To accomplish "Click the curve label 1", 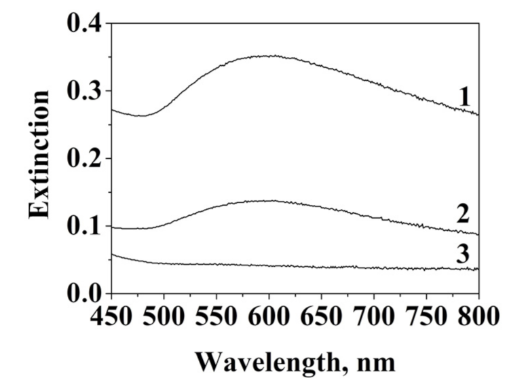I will click(464, 96).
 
